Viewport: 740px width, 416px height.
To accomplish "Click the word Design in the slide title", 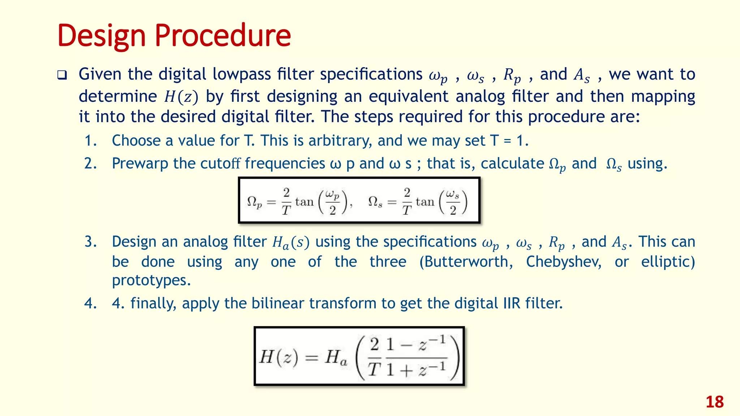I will click(x=102, y=36).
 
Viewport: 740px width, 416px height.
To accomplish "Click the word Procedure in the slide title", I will click(x=223, y=36).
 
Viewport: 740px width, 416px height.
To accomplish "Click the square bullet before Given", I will click(x=62, y=75).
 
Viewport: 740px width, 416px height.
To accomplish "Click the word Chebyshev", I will click(x=564, y=262).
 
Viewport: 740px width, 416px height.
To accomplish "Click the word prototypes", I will click(x=151, y=280).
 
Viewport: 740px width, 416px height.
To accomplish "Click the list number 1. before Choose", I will click(x=90, y=141).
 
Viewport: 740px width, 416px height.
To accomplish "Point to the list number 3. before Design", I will click(x=90, y=242).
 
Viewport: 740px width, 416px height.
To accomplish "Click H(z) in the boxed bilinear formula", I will click(x=279, y=357).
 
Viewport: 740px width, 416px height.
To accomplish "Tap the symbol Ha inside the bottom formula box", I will click(x=336, y=358).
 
